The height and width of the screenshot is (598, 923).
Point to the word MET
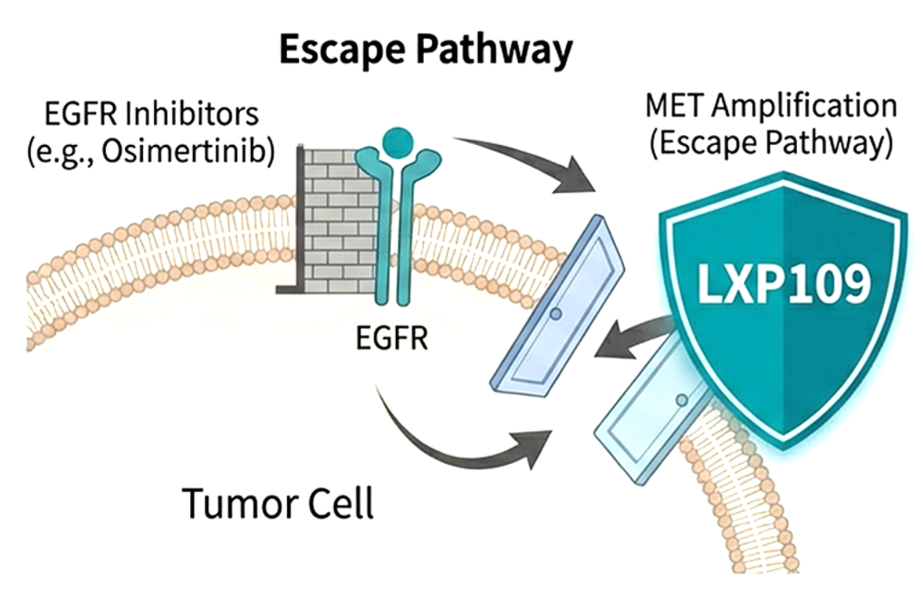click(675, 106)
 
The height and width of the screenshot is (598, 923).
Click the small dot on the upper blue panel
click(555, 313)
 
